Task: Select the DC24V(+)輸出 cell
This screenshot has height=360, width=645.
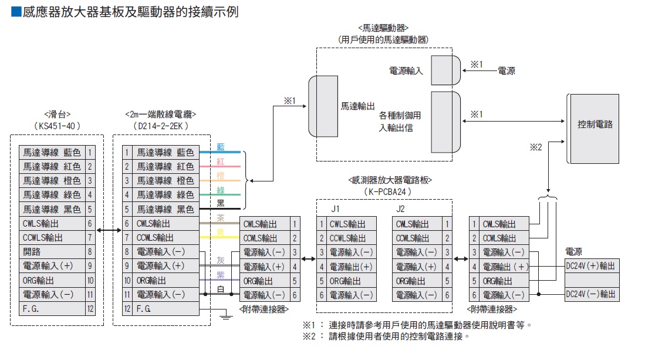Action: click(590, 266)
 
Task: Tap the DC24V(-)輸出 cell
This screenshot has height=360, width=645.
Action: click(590, 294)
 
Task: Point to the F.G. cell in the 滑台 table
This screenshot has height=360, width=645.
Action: click(52, 308)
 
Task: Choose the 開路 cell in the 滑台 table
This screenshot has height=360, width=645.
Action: click(52, 251)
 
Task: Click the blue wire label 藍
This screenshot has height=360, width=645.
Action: click(221, 147)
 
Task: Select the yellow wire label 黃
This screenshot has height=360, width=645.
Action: click(221, 233)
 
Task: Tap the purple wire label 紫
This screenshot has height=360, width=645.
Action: click(221, 275)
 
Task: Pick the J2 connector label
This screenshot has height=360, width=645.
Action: click(400, 208)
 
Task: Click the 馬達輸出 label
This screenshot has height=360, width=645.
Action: click(357, 107)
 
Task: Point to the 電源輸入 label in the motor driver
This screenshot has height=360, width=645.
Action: click(406, 70)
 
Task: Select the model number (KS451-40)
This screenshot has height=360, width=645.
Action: click(57, 126)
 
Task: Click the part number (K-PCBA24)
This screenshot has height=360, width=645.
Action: click(389, 191)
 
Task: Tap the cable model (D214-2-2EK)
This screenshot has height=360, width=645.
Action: click(160, 126)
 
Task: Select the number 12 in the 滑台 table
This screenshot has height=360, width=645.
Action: click(90, 308)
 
